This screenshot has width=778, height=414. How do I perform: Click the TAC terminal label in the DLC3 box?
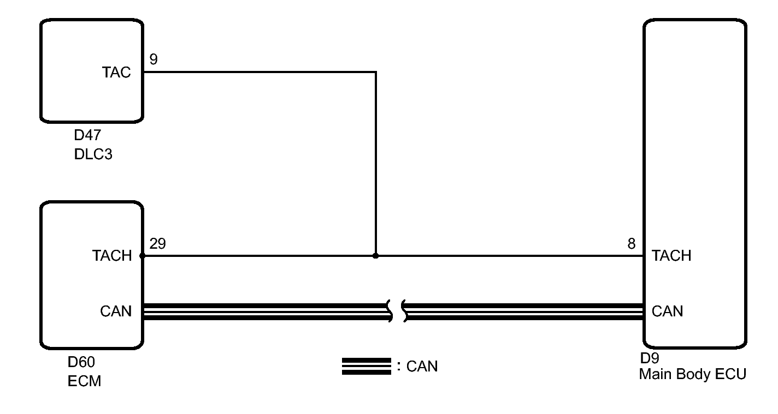click(116, 72)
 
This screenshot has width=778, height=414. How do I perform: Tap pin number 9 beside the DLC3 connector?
click(154, 59)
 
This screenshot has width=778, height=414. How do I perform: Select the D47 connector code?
click(87, 135)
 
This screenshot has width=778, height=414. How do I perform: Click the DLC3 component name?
click(93, 154)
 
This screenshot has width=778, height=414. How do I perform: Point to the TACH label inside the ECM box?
click(112, 255)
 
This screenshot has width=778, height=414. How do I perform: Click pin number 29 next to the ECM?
click(158, 244)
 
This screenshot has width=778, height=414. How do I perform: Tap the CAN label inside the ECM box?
click(116, 311)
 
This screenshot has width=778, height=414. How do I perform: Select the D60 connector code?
click(81, 362)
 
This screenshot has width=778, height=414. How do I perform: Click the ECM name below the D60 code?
click(84, 381)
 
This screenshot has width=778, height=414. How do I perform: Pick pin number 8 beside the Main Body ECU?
click(632, 244)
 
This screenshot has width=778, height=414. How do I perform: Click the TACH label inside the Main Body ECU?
click(671, 255)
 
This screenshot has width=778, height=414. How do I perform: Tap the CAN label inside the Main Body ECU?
click(667, 311)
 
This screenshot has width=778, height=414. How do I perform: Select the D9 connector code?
click(650, 358)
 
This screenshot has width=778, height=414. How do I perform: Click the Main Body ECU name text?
click(693, 374)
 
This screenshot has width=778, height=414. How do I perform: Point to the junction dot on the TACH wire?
click(375, 256)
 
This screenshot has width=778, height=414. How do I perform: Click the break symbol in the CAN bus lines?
click(397, 311)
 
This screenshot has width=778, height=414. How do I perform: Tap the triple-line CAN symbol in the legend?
click(367, 366)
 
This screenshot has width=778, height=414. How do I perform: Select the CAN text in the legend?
click(422, 366)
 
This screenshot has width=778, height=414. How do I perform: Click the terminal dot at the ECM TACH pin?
click(143, 256)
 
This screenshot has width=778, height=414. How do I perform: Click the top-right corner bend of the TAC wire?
click(376, 72)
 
